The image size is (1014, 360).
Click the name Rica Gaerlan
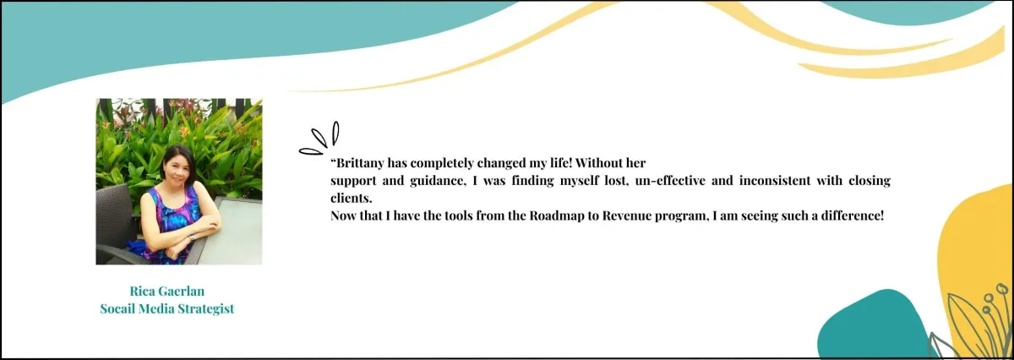pyautogui.click(x=167, y=291)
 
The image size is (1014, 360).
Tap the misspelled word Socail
pyautogui.click(x=117, y=308)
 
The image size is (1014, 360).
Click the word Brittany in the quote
pyautogui.click(x=360, y=163)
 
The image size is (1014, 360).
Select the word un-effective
pyautogui.click(x=670, y=181)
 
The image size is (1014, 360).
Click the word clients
pyautogui.click(x=352, y=199)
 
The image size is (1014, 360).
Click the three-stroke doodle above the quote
pyautogui.click(x=319, y=139)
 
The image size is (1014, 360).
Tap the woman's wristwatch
pyautogui.click(x=192, y=237)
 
